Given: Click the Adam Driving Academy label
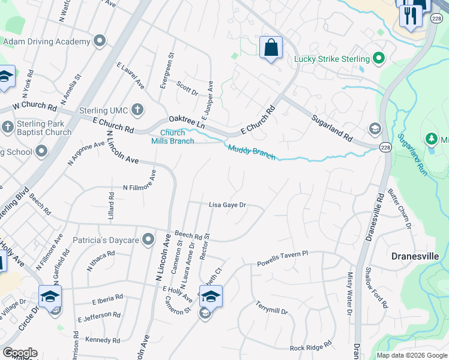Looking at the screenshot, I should (x=46, y=42).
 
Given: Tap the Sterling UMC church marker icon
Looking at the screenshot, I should (x=137, y=110).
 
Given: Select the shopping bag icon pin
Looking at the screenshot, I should (x=271, y=47).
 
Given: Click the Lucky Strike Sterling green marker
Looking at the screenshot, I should (x=378, y=59).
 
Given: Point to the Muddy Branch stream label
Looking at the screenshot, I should (x=252, y=152).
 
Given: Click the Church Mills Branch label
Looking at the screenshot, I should (x=172, y=137).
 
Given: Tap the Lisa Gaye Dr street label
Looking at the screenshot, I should (x=228, y=205).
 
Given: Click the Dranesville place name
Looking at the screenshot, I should (x=415, y=256).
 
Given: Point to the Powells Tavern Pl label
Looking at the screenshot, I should (x=282, y=259).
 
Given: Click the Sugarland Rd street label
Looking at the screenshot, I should (x=331, y=127).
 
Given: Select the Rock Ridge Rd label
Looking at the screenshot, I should (x=310, y=347).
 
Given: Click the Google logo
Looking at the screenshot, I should (x=20, y=353).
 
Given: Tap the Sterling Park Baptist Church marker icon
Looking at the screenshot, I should (x=8, y=127).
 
